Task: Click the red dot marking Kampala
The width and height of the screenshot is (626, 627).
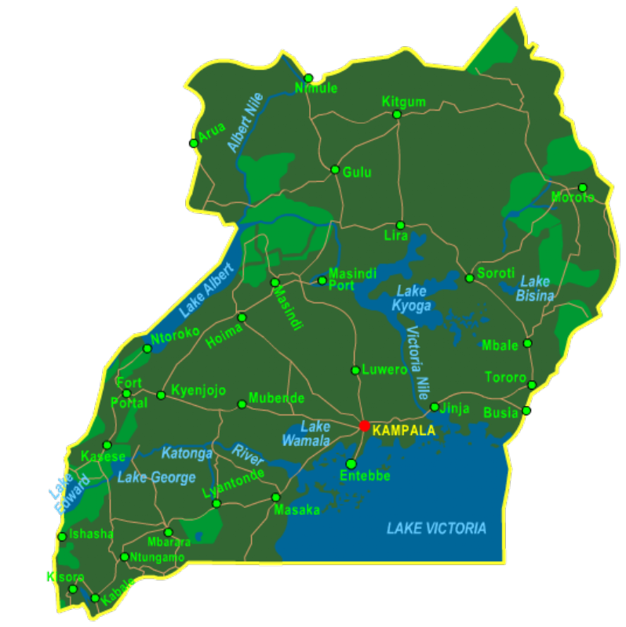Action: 364,426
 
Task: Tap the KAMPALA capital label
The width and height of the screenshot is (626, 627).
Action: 403,431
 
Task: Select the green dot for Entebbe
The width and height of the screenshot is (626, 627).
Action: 351,464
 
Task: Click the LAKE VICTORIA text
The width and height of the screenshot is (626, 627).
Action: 436,528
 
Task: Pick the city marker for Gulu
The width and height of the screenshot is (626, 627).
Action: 335,169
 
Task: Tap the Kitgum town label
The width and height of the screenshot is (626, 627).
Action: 403,102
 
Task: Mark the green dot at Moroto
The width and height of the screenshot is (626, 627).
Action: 582,187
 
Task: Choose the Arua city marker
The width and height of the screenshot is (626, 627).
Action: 194,143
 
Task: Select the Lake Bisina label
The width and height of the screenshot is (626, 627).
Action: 535,288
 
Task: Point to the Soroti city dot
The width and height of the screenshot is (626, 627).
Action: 469,277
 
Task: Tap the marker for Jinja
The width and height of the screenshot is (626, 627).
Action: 435,407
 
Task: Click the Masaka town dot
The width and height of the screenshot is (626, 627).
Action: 275,497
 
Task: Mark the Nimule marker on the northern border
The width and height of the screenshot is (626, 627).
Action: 309,78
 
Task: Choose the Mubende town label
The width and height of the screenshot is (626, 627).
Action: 276,398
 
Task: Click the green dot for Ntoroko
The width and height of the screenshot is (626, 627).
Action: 147,348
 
